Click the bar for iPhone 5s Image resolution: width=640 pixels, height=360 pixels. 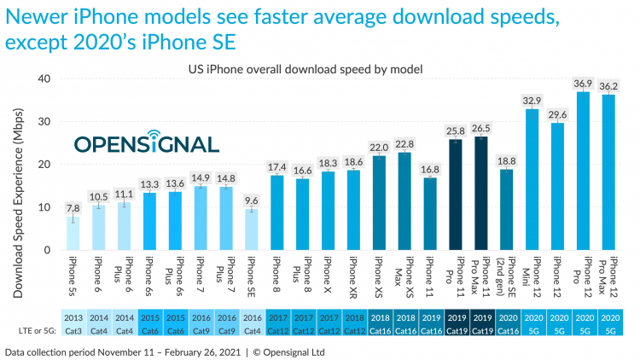pyautogui.click(x=74, y=233)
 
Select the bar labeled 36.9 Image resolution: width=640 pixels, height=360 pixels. pyautogui.click(x=584, y=171)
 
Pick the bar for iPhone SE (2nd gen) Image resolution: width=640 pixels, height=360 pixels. pyautogui.click(x=507, y=209)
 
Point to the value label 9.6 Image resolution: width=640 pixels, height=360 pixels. pyautogui.click(x=252, y=200)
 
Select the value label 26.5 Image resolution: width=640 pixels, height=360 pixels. pyautogui.click(x=481, y=128)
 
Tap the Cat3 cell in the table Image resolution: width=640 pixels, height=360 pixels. pyautogui.click(x=74, y=330)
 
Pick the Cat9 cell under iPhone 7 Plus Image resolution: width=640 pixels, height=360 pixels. pyautogui.click(x=227, y=330)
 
